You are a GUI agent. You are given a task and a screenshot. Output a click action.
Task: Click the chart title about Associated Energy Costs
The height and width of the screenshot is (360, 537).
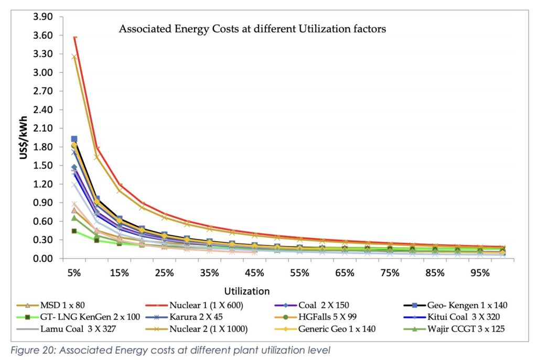pyautogui.click(x=252, y=29)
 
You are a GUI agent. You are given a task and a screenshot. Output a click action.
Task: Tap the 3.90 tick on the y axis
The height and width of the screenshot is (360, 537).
pyautogui.click(x=43, y=17)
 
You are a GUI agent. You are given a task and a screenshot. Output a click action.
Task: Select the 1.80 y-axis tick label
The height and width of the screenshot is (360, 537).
pyautogui.click(x=43, y=147)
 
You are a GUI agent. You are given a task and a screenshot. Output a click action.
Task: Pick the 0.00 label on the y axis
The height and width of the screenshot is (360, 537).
pyautogui.click(x=43, y=259)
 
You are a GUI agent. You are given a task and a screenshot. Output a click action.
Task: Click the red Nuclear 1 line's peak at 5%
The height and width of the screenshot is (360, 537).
pyautogui.click(x=75, y=37)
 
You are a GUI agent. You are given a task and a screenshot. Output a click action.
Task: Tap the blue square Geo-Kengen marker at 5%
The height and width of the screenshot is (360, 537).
pyautogui.click(x=74, y=139)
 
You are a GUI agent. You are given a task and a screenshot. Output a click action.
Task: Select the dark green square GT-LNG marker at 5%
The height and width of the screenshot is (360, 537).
pyautogui.click(x=74, y=231)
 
